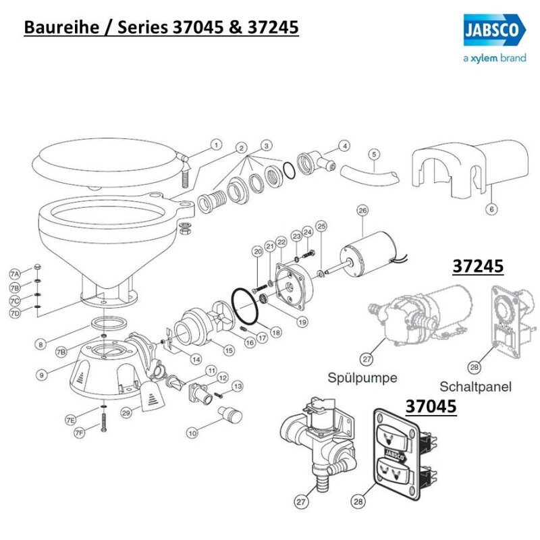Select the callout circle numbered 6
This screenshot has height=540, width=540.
(491, 209)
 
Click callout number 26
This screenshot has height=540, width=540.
(362, 211)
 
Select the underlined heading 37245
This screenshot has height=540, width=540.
(477, 267)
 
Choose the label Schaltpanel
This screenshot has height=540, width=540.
(475, 387)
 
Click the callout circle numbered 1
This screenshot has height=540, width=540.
(216, 144)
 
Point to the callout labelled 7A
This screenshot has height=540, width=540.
(15, 273)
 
